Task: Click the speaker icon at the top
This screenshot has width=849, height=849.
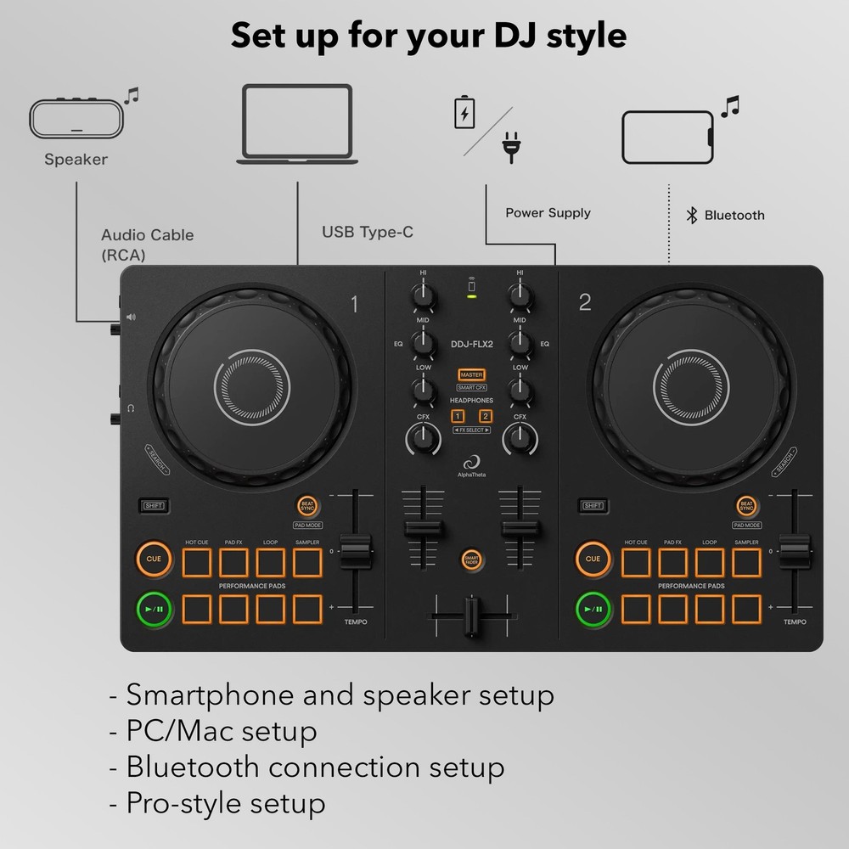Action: [x=76, y=119]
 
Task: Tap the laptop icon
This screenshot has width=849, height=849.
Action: [x=296, y=123]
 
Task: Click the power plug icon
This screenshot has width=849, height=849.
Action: [x=510, y=146]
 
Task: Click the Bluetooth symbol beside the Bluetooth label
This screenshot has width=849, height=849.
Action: [x=692, y=215]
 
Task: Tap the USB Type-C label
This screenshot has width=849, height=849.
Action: [x=368, y=232]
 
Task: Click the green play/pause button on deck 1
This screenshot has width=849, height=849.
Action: [x=154, y=608]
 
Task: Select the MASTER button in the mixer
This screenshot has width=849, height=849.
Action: [x=471, y=374]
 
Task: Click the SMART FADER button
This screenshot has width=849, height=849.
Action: [x=471, y=559]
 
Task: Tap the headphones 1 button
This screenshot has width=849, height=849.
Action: [x=458, y=416]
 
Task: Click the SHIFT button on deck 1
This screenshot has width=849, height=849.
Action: [x=154, y=506]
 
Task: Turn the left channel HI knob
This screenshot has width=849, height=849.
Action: [x=423, y=295]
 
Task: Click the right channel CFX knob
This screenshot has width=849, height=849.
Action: [x=519, y=439]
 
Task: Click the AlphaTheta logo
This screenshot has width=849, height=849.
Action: [x=471, y=465]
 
